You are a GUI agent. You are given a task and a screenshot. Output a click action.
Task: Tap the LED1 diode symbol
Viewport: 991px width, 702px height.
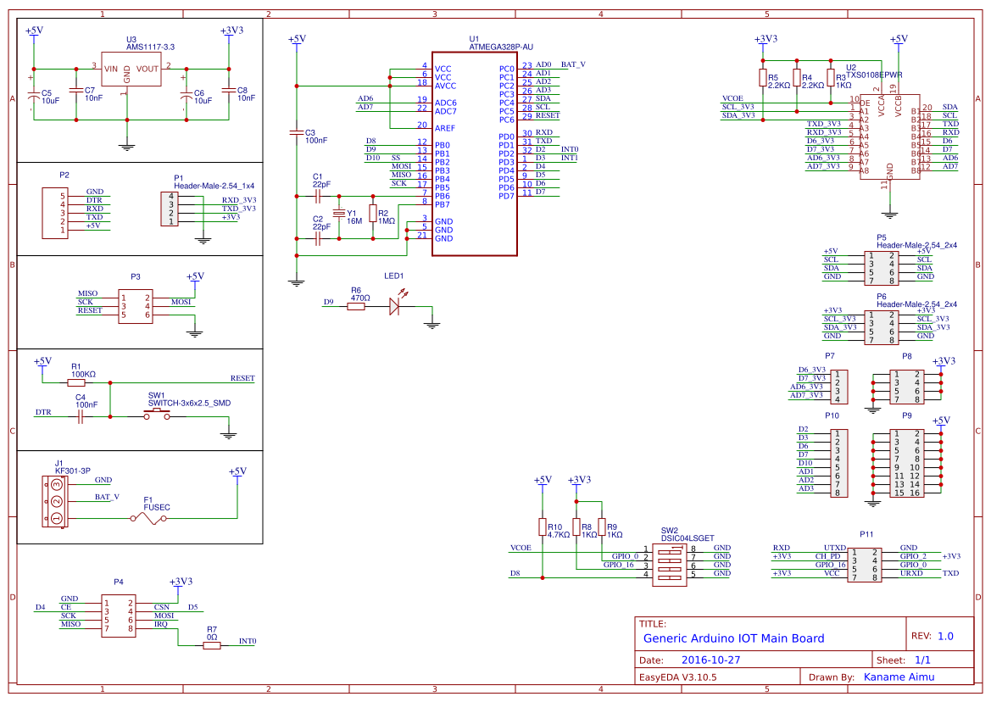[x=394, y=306]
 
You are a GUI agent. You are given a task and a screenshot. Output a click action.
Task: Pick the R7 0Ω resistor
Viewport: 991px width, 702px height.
[x=212, y=645]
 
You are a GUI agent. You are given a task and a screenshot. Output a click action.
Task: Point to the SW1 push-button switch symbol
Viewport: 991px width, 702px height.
[x=156, y=415]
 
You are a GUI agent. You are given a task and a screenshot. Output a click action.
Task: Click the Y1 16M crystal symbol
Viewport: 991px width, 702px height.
[x=340, y=214]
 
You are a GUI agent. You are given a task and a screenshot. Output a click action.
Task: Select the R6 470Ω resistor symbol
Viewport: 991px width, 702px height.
[x=357, y=306]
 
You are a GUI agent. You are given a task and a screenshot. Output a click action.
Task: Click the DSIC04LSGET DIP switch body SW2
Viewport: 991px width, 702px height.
[x=675, y=562]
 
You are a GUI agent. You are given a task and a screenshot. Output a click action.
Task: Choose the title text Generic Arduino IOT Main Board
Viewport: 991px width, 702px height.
[x=733, y=638]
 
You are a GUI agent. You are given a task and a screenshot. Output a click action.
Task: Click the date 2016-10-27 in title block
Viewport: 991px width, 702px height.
[x=710, y=660]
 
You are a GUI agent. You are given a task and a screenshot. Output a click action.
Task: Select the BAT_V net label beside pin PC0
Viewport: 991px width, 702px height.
[x=573, y=64]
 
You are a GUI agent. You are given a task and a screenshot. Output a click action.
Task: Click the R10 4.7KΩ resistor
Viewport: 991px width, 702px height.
[x=542, y=527]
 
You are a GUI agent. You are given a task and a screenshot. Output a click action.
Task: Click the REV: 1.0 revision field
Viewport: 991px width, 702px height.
[x=933, y=636]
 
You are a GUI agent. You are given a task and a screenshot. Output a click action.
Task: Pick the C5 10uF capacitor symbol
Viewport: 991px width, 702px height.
[x=34, y=95]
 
